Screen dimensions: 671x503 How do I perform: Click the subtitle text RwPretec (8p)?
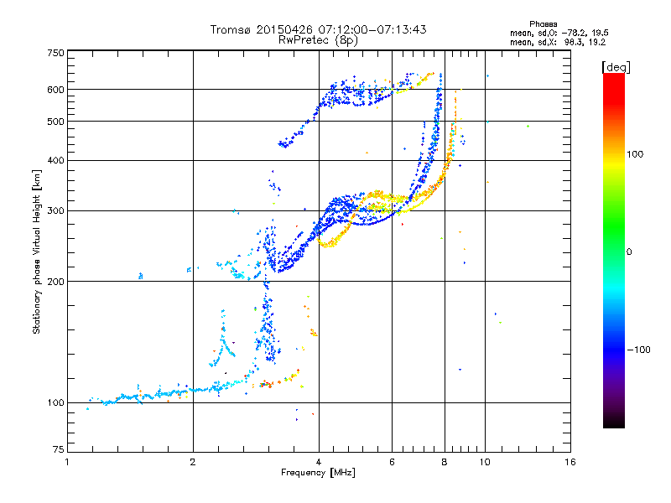click(x=318, y=40)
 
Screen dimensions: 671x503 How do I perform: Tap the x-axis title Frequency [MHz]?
click(x=318, y=473)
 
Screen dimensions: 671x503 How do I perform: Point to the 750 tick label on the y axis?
click(x=55, y=53)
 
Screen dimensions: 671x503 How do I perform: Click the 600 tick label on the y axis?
click(x=55, y=90)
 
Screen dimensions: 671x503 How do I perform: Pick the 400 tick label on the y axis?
click(x=55, y=160)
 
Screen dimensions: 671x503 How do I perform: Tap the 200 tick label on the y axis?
click(x=55, y=282)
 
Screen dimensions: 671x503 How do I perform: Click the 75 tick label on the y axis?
click(x=59, y=449)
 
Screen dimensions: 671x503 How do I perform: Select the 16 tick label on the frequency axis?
click(x=570, y=462)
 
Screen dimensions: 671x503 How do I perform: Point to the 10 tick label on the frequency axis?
click(x=485, y=462)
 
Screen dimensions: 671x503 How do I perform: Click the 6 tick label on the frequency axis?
click(x=392, y=462)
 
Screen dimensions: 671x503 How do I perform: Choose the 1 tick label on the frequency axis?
click(x=67, y=462)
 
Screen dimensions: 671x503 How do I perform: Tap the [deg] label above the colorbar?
click(x=616, y=68)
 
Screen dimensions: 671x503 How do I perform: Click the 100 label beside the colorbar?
click(x=635, y=154)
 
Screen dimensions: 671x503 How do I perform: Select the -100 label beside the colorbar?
click(x=638, y=350)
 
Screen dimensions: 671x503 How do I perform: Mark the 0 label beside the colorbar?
click(x=629, y=252)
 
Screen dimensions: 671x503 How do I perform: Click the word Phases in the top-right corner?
click(x=543, y=24)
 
